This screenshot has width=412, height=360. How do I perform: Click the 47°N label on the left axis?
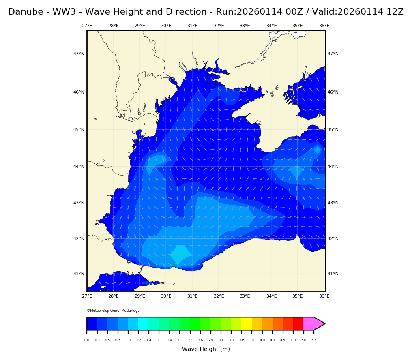pyautogui.click(x=79, y=54)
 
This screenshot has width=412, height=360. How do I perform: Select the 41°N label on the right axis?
pyautogui.click(x=333, y=274)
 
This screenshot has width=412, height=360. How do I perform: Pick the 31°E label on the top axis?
pyautogui.click(x=192, y=26)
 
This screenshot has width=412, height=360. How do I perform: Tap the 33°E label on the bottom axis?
pyautogui.click(x=245, y=296)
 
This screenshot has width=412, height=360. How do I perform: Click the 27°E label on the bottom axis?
pyautogui.click(x=87, y=296)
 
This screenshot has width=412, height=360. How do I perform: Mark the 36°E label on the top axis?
pyautogui.click(x=324, y=26)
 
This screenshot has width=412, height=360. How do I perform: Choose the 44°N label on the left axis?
pyautogui.click(x=79, y=167)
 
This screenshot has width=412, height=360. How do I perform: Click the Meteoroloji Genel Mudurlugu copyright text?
pyautogui.click(x=113, y=311)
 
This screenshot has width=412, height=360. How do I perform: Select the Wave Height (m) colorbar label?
pyautogui.click(x=206, y=349)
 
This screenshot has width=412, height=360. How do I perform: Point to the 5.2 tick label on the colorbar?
pyautogui.click(x=314, y=340)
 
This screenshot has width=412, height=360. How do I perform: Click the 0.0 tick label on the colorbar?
pyautogui.click(x=87, y=340)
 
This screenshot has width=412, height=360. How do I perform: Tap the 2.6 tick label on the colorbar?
pyautogui.click(x=200, y=340)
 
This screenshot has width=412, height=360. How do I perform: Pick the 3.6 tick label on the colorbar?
pyautogui.click(x=242, y=340)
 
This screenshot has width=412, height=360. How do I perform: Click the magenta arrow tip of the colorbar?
pyautogui.click(x=319, y=324)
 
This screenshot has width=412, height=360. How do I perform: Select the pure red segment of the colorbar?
pyautogui.click(x=298, y=324)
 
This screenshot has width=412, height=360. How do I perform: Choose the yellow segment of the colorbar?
pyautogui.click(x=247, y=324)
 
